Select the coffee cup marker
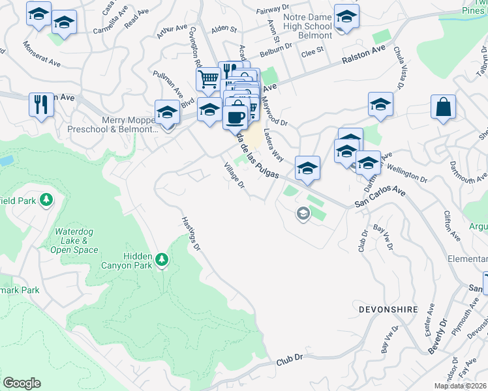(235, 117)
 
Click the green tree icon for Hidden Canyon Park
(162, 261)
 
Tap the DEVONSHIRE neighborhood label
(387, 308)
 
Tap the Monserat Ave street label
(41, 55)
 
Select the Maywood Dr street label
(273, 111)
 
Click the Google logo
(22, 383)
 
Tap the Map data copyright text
(461, 386)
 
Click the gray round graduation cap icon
(302, 213)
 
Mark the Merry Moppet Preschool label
(113, 124)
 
